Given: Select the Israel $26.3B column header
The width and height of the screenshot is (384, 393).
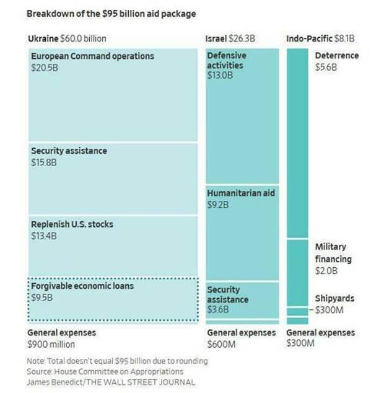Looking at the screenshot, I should [x=230, y=39].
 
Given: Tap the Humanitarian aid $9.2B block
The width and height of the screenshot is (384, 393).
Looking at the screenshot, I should [x=242, y=232].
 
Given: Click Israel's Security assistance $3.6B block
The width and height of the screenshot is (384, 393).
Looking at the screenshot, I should [x=242, y=300].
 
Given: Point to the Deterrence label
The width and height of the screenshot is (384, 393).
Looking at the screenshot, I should [x=336, y=56].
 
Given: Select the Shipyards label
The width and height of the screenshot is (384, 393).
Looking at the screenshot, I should [x=334, y=299].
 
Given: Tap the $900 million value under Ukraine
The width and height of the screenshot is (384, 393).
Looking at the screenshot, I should [x=51, y=344].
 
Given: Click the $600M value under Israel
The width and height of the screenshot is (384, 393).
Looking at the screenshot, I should [x=220, y=344].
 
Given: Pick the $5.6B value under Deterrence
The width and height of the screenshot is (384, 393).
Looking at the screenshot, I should [x=326, y=67].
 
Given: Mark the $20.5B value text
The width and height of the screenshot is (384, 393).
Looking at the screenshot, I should [x=44, y=67].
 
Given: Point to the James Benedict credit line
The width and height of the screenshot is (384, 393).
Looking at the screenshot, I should [x=111, y=382].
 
